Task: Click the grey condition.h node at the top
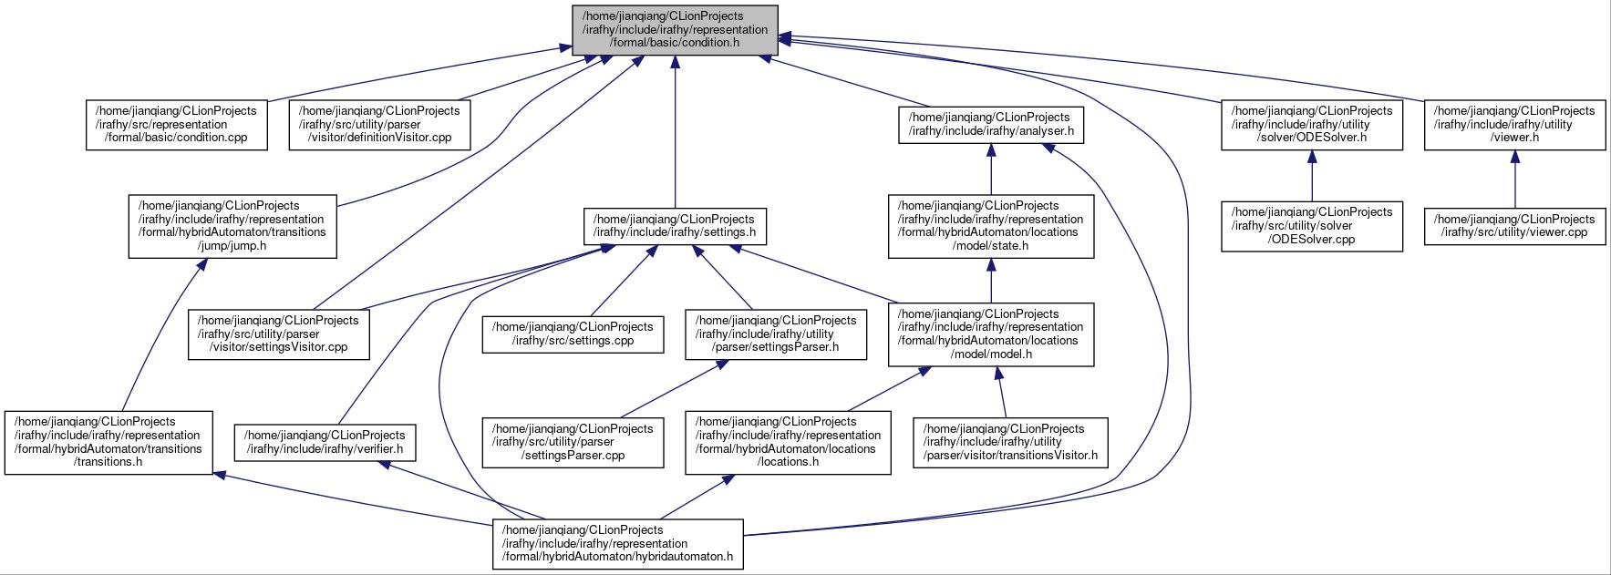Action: [x=675, y=30]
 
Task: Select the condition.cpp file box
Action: [x=177, y=125]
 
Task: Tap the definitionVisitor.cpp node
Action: [x=380, y=125]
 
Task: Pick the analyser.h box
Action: [x=990, y=125]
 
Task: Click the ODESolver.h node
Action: [x=1312, y=125]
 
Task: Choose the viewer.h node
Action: [x=1514, y=125]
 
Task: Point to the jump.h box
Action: [x=232, y=226]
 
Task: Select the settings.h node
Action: [x=675, y=226]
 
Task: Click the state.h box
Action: [x=991, y=226]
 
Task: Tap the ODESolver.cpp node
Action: [x=1312, y=226]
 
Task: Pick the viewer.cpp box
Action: [x=1514, y=226]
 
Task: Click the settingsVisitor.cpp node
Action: [x=279, y=334]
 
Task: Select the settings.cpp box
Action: [x=573, y=334]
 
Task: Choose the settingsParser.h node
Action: [x=776, y=334]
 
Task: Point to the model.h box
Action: [x=991, y=334]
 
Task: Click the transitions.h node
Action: [x=108, y=442]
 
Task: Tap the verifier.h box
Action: [x=325, y=442]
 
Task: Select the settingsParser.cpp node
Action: [x=573, y=442]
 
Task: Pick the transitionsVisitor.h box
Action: [x=1010, y=442]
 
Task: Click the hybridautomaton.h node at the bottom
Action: [x=618, y=544]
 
